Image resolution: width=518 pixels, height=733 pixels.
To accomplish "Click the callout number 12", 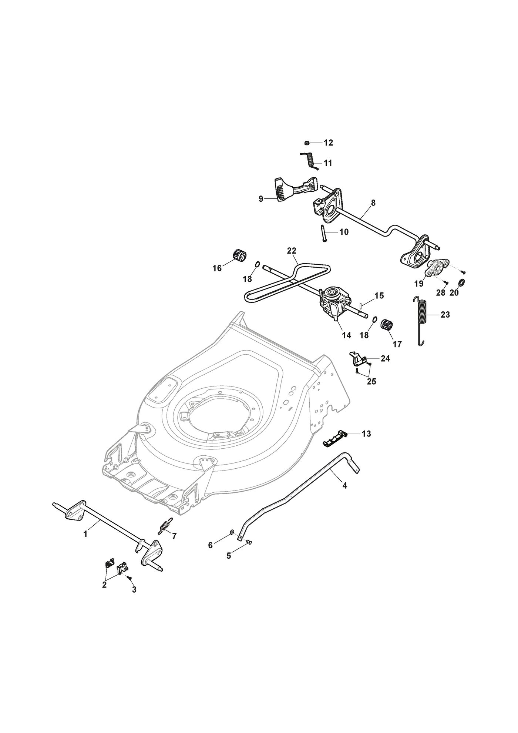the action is click(x=328, y=143).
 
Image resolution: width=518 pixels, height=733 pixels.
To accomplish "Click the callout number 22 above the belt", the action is click(x=292, y=251).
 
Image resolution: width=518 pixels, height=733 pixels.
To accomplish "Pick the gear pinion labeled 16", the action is click(x=240, y=255).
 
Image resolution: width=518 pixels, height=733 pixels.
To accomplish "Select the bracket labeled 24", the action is click(x=358, y=358).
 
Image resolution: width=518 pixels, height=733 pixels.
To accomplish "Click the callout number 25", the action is click(x=371, y=381).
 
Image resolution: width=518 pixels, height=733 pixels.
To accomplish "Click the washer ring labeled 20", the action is click(x=461, y=283).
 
